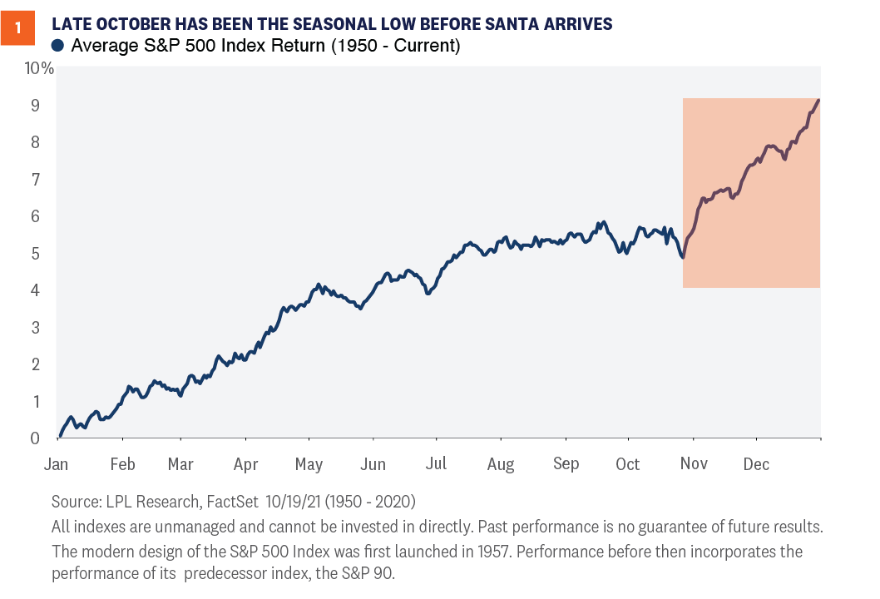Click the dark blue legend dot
58,46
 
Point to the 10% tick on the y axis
39,68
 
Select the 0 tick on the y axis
35,438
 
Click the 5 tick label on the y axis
35,253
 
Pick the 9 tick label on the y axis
35,106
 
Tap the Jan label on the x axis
57,463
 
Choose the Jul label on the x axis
437,463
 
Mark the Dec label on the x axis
756,463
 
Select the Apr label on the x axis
245,463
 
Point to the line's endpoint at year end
819,100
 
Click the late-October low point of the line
683,257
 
